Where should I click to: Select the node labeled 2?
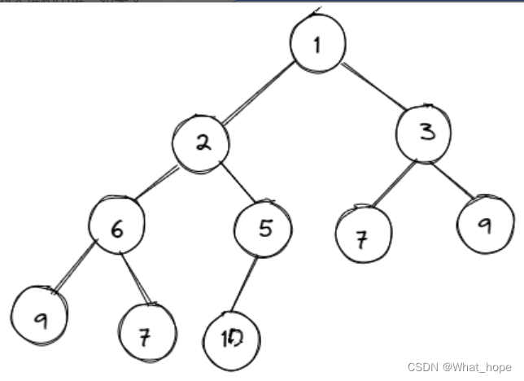click(201, 144)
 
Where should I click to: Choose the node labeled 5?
click(263, 230)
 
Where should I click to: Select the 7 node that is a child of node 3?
click(363, 239)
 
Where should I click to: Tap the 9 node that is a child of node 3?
click(485, 226)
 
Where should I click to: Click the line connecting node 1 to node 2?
click(257, 94)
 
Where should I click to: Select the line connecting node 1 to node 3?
click(370, 89)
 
